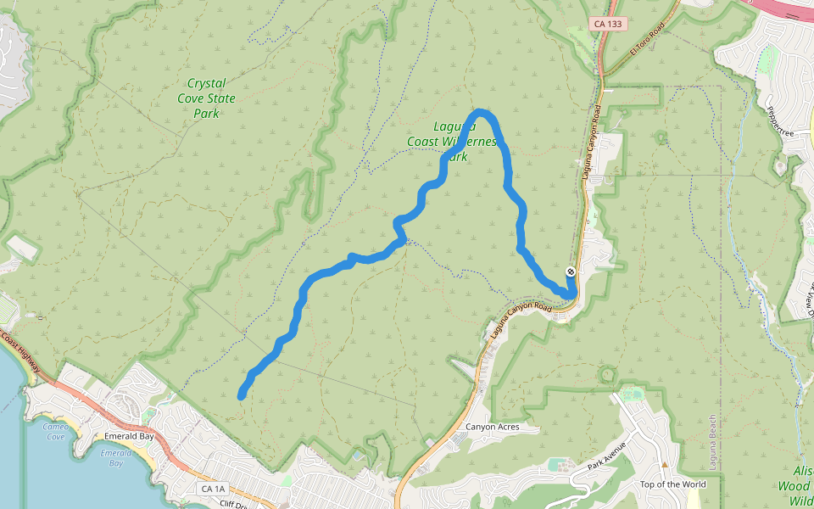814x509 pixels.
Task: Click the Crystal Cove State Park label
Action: coord(206,98)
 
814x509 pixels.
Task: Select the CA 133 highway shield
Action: coord(609,24)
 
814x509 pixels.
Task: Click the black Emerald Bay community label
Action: coord(129,436)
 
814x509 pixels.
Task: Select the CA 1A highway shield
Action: coord(214,489)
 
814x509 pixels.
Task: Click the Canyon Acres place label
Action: coord(492,427)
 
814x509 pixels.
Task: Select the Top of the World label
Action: coord(672,484)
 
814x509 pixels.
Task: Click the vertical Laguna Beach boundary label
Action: coord(712,441)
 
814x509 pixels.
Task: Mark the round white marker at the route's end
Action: coord(571,271)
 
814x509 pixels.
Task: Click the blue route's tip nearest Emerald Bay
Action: coord(242,395)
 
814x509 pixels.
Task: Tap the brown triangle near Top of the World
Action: coord(666,465)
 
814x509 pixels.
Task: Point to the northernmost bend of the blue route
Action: coord(481,112)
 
